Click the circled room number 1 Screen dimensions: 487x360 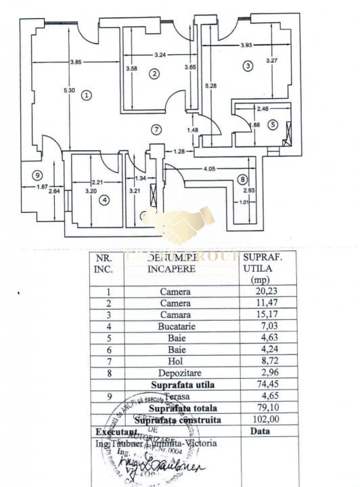[x=86, y=95]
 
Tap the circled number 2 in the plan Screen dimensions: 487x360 [x=155, y=74]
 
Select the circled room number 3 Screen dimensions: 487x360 [x=248, y=66]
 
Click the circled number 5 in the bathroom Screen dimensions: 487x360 [x=272, y=124]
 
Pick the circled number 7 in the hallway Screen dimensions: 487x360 [x=156, y=129]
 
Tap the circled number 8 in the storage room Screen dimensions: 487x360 [x=242, y=179]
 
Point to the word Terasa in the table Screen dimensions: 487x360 [x=174, y=396]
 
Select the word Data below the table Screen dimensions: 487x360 [x=261, y=431]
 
